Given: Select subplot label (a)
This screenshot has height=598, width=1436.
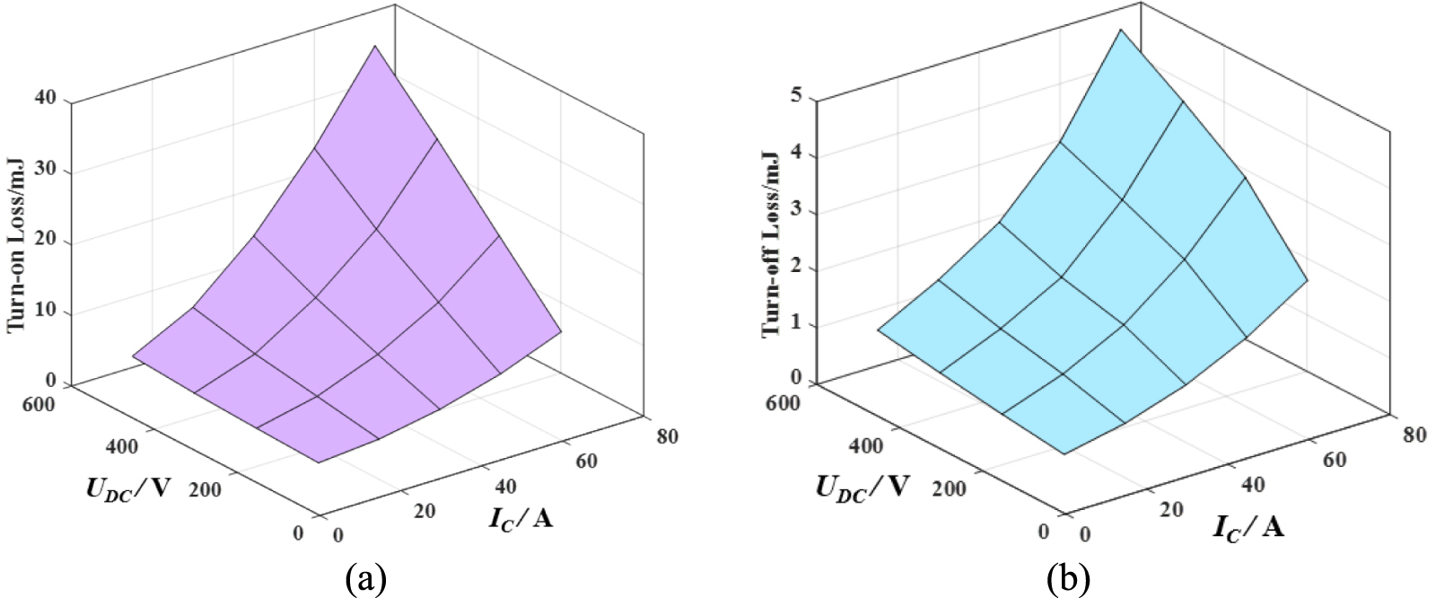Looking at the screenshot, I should tap(365, 578).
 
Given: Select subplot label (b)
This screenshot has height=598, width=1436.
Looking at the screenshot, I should tap(1068, 578).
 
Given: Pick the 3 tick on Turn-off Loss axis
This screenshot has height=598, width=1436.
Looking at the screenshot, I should tap(795, 212).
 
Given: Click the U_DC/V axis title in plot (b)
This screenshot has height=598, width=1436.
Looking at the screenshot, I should tap(862, 488).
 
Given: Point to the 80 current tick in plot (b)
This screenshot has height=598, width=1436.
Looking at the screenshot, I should tap(1414, 435).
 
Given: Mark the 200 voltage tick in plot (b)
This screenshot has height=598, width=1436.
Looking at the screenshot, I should tap(949, 488).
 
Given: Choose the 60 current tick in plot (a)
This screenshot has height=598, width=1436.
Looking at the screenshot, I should tap(586, 462).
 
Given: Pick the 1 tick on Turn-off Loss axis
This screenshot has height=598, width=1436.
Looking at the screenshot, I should tap(795, 325).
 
